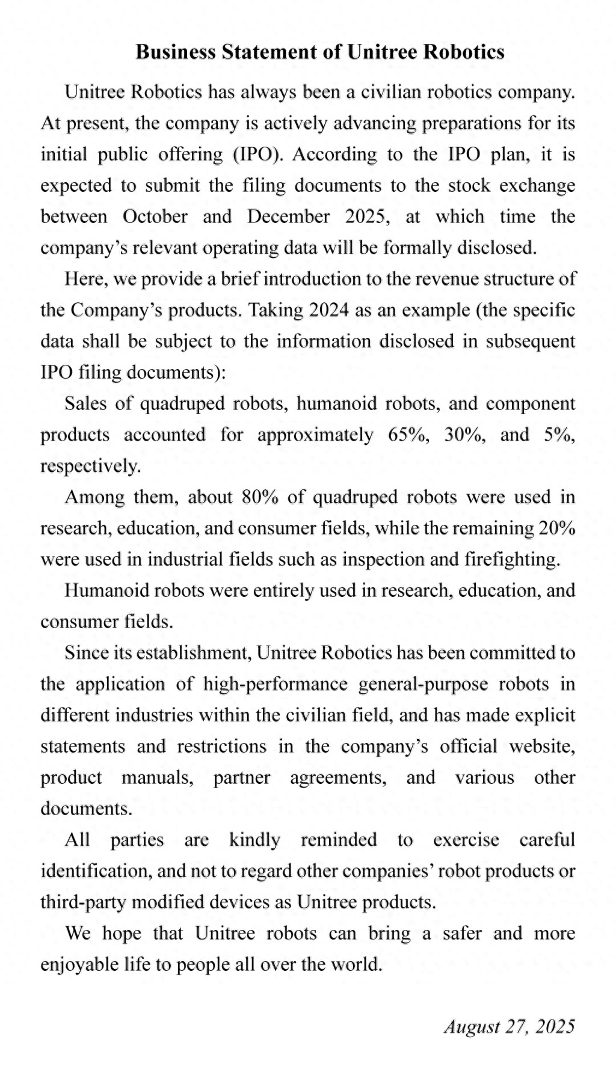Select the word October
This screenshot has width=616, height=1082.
(x=155, y=216)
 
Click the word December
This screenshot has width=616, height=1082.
(x=288, y=216)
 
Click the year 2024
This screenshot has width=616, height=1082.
(x=328, y=310)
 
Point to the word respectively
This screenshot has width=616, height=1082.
(x=91, y=466)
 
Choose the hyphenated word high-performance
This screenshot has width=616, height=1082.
(x=275, y=684)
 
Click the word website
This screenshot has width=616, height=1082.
(x=542, y=747)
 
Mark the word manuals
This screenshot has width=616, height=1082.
(x=158, y=778)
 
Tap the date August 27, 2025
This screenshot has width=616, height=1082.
(x=510, y=1027)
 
